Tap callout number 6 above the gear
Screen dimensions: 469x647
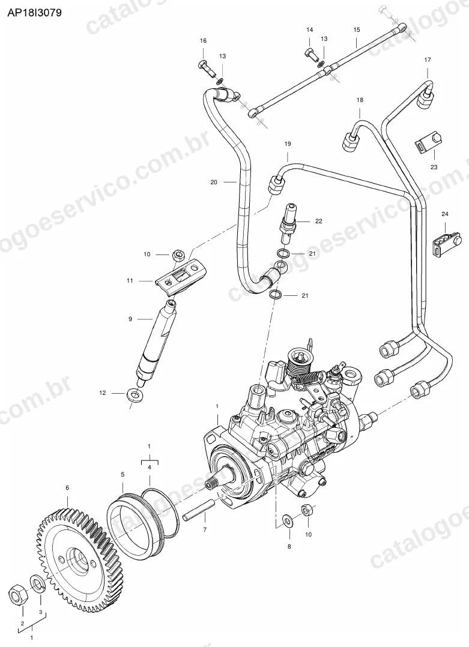68,488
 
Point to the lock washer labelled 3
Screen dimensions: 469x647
38,585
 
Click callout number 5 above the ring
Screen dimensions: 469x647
123,475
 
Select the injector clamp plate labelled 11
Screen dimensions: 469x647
181,278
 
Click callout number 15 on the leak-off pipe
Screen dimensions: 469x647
357,30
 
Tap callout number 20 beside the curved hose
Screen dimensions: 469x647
213,182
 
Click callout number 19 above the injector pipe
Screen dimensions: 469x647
287,144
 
